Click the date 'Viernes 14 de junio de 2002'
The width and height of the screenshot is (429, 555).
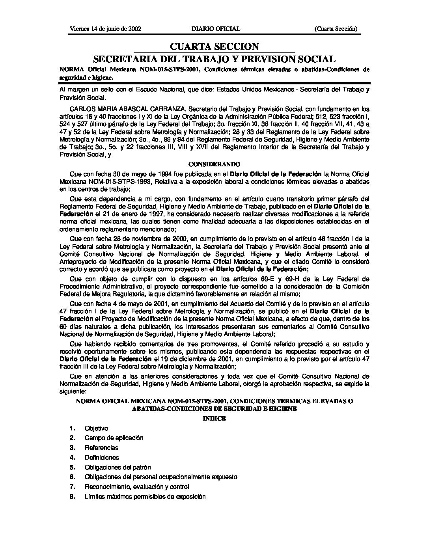tap(100, 29)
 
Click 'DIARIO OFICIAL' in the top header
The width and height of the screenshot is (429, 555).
tap(216, 29)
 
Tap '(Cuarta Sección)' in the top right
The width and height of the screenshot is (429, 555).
tap(336, 29)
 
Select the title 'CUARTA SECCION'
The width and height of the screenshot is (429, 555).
tap(214, 47)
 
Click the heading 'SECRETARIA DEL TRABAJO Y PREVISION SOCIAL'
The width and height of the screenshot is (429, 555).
tap(214, 59)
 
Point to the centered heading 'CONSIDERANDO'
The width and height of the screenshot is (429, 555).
tap(214, 164)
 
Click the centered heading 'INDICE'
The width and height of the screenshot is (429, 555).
tap(214, 419)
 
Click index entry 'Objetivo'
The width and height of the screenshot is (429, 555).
tap(96, 428)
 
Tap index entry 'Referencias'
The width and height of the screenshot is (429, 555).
tap(101, 448)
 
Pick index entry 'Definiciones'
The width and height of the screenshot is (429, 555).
tap(102, 458)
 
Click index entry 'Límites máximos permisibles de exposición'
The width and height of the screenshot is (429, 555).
tap(145, 497)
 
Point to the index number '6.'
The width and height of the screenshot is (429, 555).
tap(72, 477)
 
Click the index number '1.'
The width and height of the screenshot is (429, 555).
tap(72, 428)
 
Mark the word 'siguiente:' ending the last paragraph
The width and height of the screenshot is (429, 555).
tap(72, 393)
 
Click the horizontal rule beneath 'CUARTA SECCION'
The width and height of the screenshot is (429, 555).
tap(214, 53)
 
